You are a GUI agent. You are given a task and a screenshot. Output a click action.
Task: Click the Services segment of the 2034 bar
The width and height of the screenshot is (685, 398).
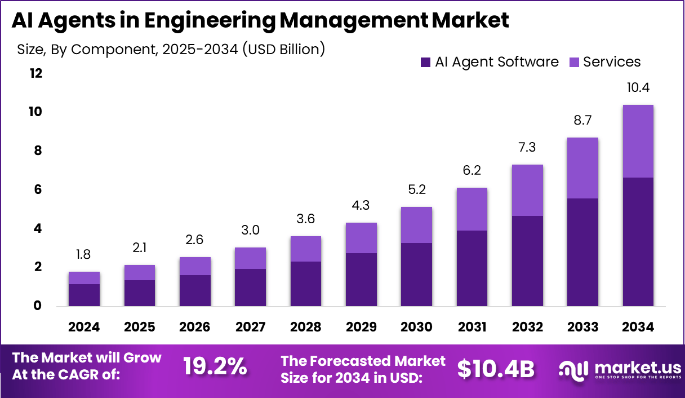[638, 141]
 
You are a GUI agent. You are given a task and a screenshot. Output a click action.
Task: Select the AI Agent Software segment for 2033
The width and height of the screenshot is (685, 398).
[582, 252]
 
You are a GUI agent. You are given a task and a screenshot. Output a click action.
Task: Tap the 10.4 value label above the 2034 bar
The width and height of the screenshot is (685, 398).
[638, 87]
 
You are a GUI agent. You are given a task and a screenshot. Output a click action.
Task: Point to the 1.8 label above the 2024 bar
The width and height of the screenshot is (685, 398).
[84, 255]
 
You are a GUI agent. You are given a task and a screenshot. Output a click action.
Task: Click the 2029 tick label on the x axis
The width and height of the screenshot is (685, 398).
[361, 327]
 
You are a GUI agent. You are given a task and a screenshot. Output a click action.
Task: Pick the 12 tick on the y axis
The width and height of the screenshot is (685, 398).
[35, 73]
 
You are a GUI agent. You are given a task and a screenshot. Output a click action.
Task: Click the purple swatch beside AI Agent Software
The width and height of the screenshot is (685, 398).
[425, 62]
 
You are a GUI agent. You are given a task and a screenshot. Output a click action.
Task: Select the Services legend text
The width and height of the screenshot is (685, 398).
[612, 62]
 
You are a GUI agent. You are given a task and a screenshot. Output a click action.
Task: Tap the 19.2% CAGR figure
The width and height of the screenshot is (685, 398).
[215, 366]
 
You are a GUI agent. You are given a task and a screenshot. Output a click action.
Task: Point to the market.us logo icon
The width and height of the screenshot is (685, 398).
[573, 369]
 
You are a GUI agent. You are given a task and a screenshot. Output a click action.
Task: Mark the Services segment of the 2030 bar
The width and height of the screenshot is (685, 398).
[416, 225]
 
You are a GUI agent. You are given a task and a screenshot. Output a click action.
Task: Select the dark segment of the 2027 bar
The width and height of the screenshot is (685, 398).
[250, 288]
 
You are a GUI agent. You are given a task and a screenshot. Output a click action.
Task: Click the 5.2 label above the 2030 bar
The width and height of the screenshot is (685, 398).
[416, 190]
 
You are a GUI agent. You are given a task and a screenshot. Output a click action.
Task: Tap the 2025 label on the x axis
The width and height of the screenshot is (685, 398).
[139, 327]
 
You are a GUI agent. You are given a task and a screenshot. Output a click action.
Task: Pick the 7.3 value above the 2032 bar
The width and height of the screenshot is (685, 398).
[527, 148]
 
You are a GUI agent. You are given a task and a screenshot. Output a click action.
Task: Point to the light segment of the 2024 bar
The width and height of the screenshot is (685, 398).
[84, 278]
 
